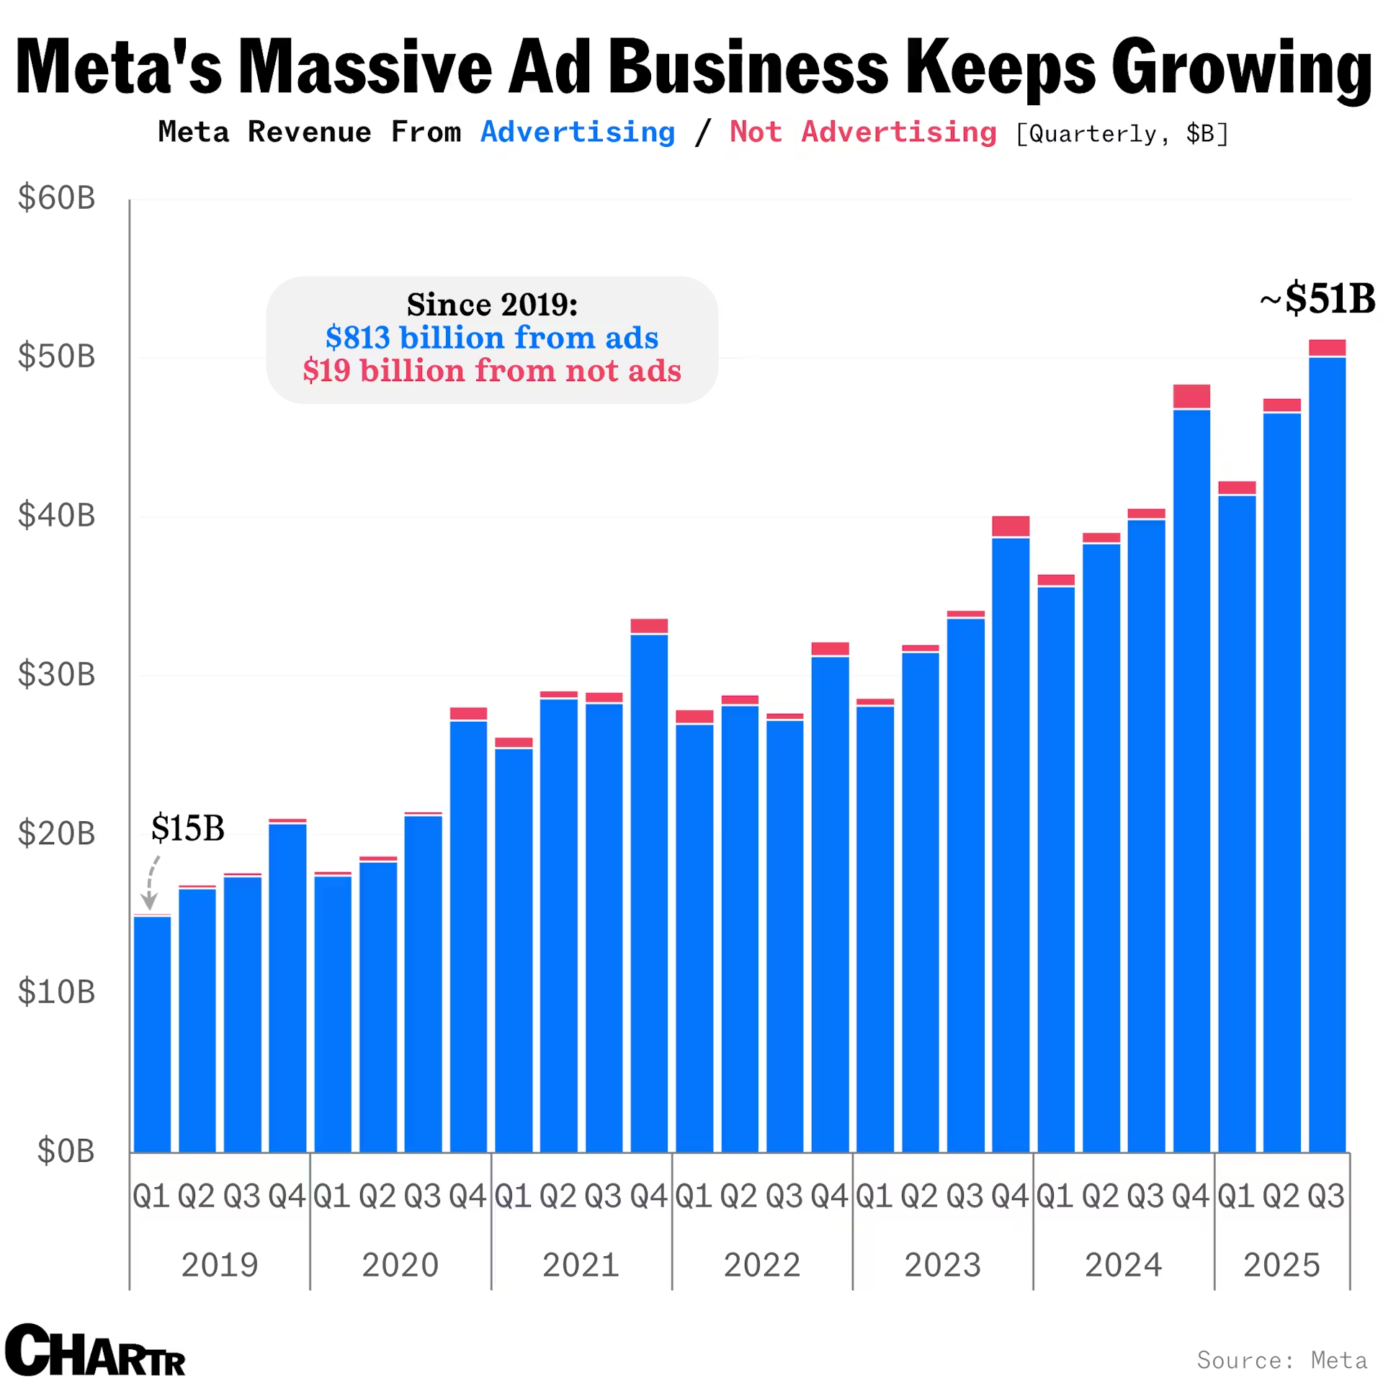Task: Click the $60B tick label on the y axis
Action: [x=56, y=197]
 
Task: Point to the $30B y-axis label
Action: [x=56, y=674]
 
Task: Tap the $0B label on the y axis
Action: [x=66, y=1150]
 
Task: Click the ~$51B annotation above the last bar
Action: [x=1317, y=298]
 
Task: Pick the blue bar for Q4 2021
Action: [x=649, y=893]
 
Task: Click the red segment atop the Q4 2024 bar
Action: [x=1191, y=395]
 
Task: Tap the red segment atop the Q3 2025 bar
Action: [x=1327, y=346]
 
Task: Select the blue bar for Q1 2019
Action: [x=152, y=1034]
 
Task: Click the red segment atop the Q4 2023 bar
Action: [x=1011, y=525]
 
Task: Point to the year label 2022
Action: [x=761, y=1265]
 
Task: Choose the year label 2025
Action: [x=1281, y=1265]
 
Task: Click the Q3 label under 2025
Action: [x=1326, y=1196]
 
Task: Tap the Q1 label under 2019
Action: [x=151, y=1196]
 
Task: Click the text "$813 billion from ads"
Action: [x=492, y=337]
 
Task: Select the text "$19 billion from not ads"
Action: [x=492, y=370]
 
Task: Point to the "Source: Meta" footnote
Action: [x=1281, y=1360]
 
